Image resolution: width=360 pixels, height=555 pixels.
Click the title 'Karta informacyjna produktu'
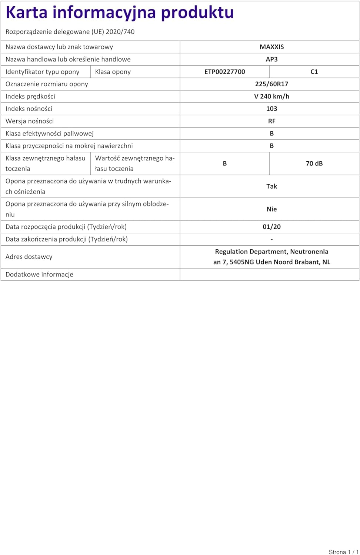pos(120,13)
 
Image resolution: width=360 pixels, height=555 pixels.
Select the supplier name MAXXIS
pos(271,47)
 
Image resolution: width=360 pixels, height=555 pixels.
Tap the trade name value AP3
pos(271,59)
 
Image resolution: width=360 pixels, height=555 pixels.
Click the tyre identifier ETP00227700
pos(224,72)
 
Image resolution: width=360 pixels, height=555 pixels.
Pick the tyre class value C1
pos(314,72)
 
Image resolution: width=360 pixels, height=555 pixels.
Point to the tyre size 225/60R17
pos(271,84)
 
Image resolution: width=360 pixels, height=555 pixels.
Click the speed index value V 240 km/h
pos(271,96)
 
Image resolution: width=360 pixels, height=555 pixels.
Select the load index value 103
pos(271,109)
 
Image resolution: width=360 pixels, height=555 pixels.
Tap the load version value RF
pos(271,121)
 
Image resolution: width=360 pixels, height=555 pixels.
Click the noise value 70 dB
pos(314,164)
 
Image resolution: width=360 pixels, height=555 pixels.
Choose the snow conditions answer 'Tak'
pos(271,186)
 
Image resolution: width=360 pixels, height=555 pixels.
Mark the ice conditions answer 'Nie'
pos(271,209)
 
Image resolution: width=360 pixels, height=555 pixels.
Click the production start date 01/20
pos(271,227)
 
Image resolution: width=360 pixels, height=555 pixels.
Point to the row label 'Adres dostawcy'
pos(29,257)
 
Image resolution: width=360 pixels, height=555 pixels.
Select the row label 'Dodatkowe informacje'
pos(39,275)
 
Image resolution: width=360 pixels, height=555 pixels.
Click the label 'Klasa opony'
pos(113,72)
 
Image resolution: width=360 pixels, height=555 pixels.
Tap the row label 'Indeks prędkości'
pos(30,97)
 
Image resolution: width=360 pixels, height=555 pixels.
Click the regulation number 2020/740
pos(120,32)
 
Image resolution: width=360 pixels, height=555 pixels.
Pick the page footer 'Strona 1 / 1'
pos(343,552)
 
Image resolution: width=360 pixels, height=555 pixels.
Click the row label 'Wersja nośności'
pos(30,121)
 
